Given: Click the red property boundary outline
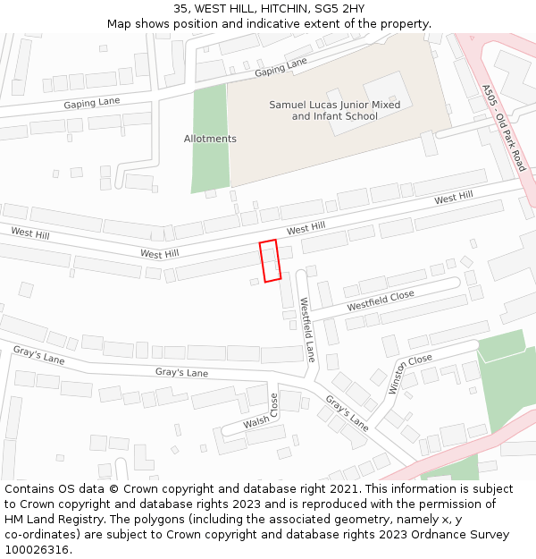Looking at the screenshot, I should click(270, 260).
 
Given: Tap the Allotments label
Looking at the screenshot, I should click(210, 139).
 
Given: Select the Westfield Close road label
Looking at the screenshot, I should click(381, 301).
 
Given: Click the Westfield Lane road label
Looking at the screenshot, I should click(307, 329).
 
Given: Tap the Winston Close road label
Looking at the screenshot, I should click(410, 374).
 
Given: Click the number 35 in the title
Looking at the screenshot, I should click(180, 9).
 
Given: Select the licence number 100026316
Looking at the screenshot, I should click(37, 550).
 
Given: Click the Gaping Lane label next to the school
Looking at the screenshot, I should click(281, 66).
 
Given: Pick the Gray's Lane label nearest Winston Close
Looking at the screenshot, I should click(347, 413).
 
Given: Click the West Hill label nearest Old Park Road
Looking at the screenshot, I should click(454, 198).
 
